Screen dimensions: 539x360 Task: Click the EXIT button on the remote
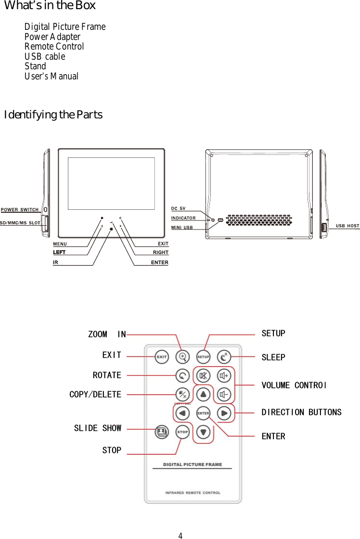coord(161,357)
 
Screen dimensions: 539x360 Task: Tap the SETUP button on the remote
coord(203,357)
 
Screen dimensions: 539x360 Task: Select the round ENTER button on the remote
coord(203,413)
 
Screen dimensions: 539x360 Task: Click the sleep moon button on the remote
coord(224,357)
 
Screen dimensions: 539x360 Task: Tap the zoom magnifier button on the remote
coord(182,357)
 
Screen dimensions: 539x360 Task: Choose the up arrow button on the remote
coord(204,394)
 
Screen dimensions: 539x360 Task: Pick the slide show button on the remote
coord(162,432)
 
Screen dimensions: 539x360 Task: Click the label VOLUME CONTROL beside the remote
coord(294,385)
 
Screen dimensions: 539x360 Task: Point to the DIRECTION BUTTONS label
coord(301,412)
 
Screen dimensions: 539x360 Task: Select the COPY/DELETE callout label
coord(95,395)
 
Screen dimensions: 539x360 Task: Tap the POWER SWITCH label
coord(20,210)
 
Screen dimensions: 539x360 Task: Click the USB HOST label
coord(347,226)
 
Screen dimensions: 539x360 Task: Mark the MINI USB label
coord(182,228)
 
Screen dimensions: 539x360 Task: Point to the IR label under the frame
coord(55,263)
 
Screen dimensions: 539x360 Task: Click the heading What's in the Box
coord(50,6)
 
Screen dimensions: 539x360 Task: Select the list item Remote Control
coord(54,47)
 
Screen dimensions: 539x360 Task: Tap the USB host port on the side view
coord(324,227)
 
